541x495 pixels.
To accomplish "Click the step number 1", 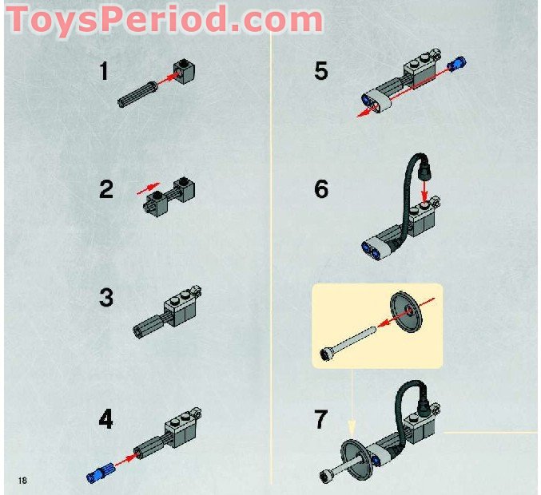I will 104,71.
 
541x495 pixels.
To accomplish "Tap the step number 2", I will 106,190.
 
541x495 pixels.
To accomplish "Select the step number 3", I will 106,299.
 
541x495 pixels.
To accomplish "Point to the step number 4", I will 106,419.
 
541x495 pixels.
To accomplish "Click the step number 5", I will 320,71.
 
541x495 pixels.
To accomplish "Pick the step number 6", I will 321,190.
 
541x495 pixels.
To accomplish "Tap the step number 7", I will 321,419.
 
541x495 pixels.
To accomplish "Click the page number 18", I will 21,479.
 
